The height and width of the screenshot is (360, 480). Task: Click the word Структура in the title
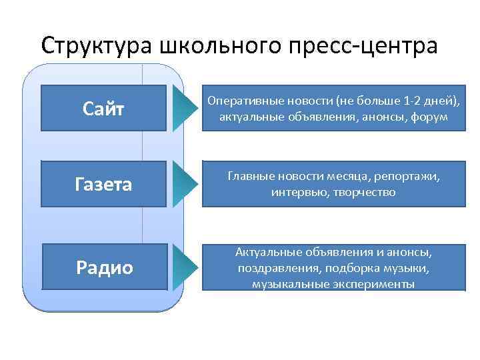point(97,46)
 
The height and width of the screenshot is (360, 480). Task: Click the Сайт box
point(103,108)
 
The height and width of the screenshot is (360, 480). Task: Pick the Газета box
point(103,183)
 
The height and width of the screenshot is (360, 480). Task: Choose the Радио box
point(103,267)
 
